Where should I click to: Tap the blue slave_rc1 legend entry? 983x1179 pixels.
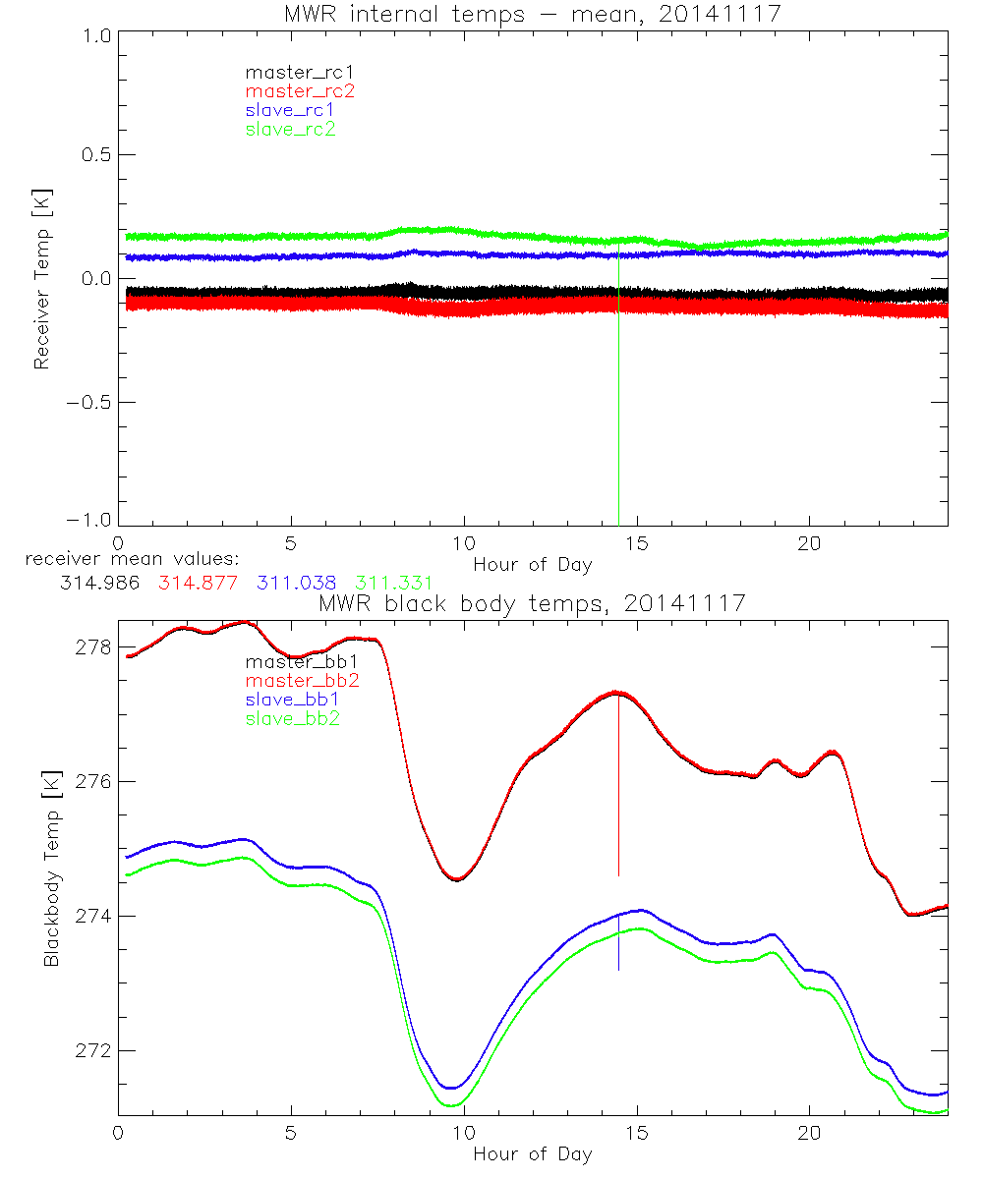pyautogui.click(x=290, y=109)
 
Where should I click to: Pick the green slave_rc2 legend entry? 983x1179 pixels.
pyautogui.click(x=290, y=129)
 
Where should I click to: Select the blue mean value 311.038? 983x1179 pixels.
pyautogui.click(x=299, y=583)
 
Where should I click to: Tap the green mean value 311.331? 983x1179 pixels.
pyautogui.click(x=393, y=583)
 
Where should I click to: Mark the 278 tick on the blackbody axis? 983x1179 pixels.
pyautogui.click(x=95, y=647)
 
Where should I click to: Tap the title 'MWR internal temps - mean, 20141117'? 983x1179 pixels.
pyautogui.click(x=533, y=14)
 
